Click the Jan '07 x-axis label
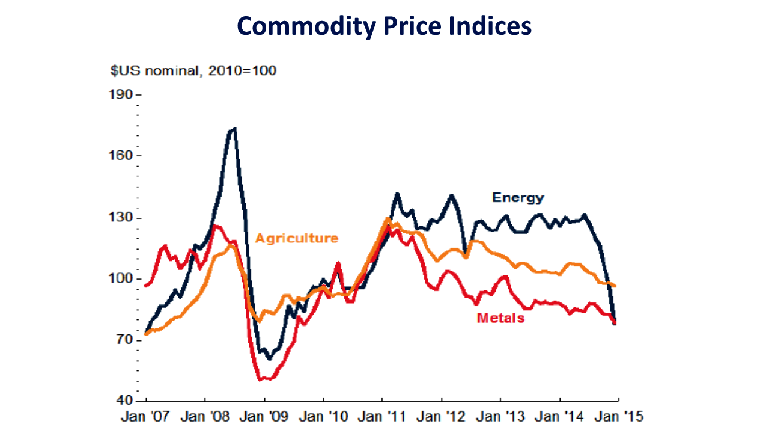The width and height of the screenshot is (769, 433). (x=145, y=416)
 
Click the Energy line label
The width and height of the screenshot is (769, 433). (x=517, y=197)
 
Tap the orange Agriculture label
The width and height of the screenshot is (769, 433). (x=296, y=238)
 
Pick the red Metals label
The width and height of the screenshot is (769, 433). (x=500, y=318)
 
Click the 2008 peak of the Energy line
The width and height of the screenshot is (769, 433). (x=234, y=128)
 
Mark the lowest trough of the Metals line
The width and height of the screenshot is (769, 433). (x=262, y=379)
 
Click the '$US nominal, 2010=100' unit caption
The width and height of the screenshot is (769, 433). (x=193, y=71)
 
